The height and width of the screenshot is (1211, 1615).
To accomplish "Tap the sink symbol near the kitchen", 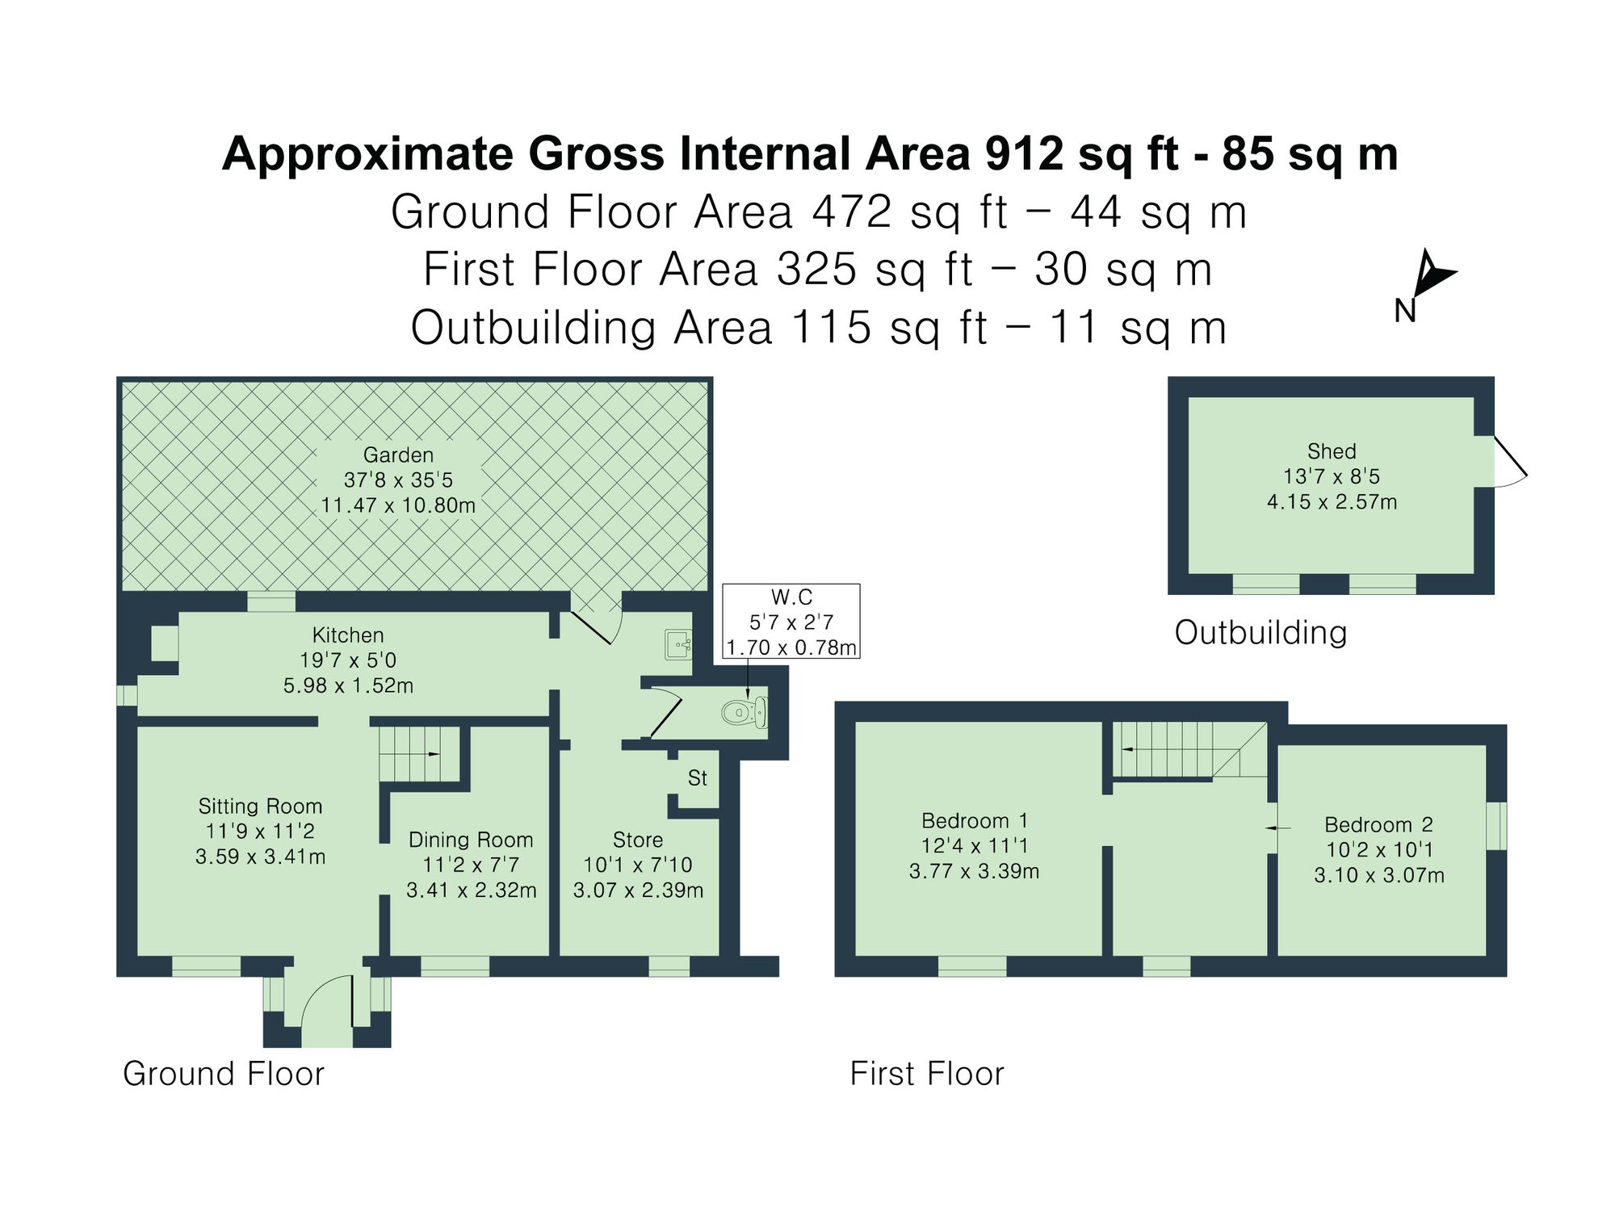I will [x=678, y=644].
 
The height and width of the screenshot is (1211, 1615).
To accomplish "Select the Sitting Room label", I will [x=260, y=806].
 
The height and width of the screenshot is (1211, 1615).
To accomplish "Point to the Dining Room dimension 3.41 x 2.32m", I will [x=471, y=890].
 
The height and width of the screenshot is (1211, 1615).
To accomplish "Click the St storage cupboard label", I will [x=697, y=778].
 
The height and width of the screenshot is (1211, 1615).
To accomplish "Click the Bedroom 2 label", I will [x=1378, y=824].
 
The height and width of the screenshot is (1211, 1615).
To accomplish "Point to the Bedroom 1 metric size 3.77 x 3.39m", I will [x=974, y=871].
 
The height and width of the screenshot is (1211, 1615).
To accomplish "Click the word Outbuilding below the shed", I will [x=1261, y=632].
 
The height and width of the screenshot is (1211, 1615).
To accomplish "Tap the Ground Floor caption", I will [x=224, y=1074].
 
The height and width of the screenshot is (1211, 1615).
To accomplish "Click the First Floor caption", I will [x=927, y=1074].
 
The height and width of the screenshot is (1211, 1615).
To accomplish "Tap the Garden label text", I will [x=398, y=455].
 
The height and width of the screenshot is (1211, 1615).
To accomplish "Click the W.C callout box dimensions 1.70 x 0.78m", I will [x=791, y=647].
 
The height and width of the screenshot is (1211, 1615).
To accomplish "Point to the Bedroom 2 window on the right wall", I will [x=1496, y=825].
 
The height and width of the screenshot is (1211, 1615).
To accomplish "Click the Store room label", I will [x=637, y=840].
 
